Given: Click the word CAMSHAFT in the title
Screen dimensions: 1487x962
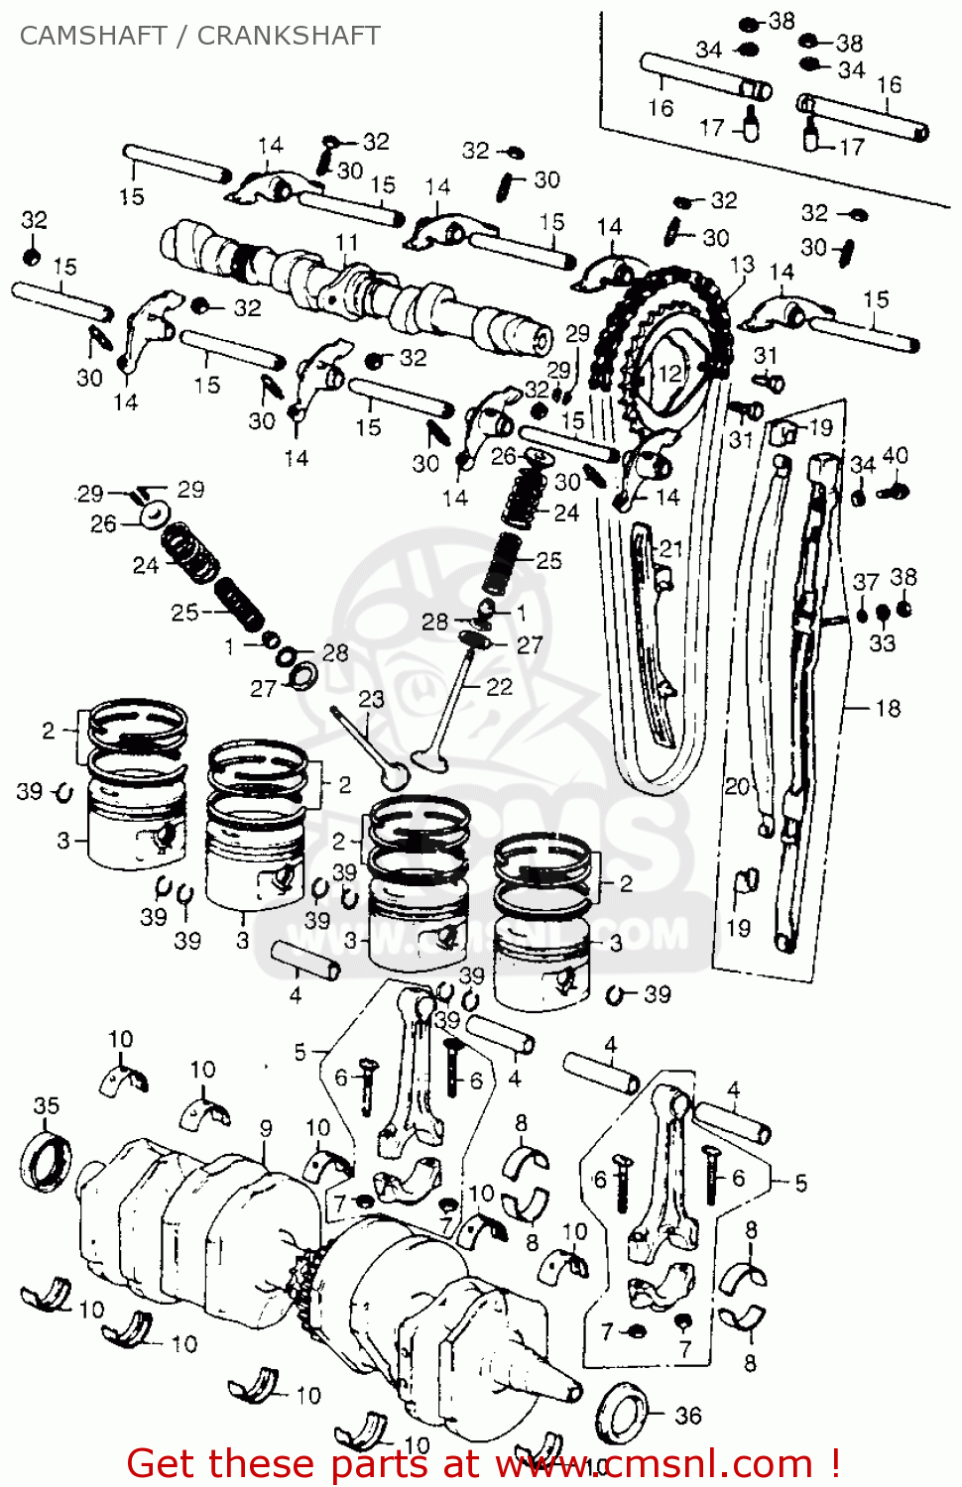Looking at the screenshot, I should coord(93,36).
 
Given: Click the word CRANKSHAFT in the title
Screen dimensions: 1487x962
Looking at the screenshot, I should coord(289,36).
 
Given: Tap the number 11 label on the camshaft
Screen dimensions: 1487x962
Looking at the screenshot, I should coord(346,243).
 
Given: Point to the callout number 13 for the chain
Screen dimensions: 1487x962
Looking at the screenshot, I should coord(742,265).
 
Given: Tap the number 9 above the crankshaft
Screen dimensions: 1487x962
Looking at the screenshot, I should coord(266,1128).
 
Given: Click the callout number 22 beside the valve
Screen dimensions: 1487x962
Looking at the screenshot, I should coord(500,687).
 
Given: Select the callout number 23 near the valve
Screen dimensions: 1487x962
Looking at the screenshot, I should coord(371,699).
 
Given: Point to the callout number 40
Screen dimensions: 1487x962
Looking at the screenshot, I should coord(895,455).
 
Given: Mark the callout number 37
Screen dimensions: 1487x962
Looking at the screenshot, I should coord(865,582).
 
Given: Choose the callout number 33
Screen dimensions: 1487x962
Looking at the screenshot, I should coord(882,643).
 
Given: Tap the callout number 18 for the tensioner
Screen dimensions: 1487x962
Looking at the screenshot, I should coord(888,708).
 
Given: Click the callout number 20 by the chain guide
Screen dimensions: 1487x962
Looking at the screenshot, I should coord(736,786).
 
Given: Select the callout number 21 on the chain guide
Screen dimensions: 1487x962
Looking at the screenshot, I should coord(671,548).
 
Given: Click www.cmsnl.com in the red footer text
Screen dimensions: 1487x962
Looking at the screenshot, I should coord(654,1464).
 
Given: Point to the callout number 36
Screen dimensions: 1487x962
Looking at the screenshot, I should coord(688,1416).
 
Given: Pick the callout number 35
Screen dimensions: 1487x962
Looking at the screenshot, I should coord(46,1105).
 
